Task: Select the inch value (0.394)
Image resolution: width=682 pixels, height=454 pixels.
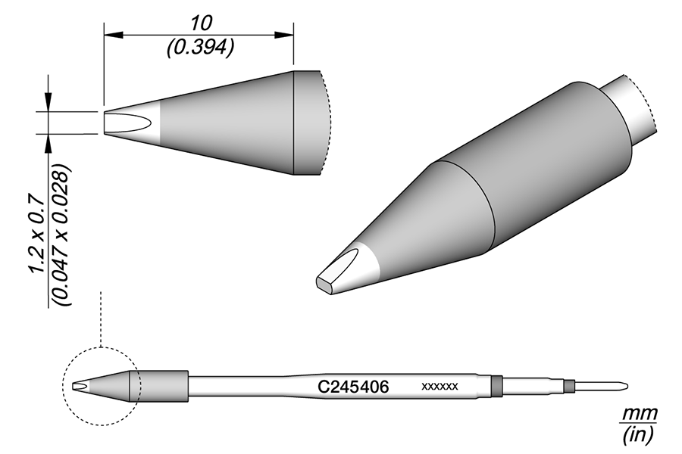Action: pos(199,46)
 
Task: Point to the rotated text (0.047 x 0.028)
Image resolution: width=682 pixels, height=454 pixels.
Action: pos(64,235)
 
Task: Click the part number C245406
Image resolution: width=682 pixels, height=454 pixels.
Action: pos(352,387)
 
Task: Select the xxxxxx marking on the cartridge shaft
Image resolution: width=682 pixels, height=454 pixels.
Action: pos(440,387)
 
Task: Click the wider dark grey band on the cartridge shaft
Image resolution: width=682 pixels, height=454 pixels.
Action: pos(496,386)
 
